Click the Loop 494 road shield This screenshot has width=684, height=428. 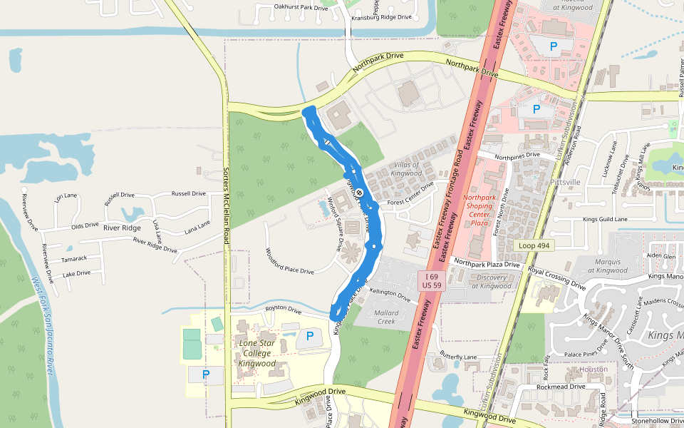pyautogui.click(x=534, y=245)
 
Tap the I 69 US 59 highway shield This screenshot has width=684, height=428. pyautogui.click(x=431, y=280)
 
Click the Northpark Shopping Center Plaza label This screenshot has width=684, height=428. pyautogui.click(x=478, y=210)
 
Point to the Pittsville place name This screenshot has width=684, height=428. pyautogui.click(x=566, y=182)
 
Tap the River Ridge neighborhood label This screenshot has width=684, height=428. pyautogui.click(x=122, y=228)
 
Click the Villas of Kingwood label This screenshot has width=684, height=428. pyautogui.click(x=408, y=169)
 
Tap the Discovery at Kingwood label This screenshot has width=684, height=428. pyautogui.click(x=491, y=282)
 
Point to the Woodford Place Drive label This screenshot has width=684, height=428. pyautogui.click(x=289, y=261)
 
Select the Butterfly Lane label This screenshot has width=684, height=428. pyautogui.click(x=458, y=356)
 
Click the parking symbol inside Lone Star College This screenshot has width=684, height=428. pyautogui.click(x=310, y=336)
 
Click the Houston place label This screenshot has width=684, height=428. pyautogui.click(x=594, y=370)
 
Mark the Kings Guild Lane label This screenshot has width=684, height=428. pyautogui.click(x=605, y=219)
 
